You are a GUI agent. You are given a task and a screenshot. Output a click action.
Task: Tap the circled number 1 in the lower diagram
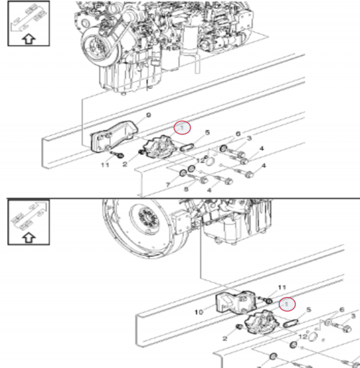point(289,304)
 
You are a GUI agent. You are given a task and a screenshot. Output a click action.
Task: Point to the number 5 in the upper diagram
point(207,133)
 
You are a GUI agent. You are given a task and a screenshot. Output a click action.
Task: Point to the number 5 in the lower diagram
point(309,310)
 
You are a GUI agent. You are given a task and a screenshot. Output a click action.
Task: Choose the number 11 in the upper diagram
point(105,164)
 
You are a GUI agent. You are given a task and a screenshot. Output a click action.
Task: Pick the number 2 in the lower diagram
point(225,339)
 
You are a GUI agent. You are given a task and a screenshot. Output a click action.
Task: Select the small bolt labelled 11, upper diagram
point(119,154)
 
